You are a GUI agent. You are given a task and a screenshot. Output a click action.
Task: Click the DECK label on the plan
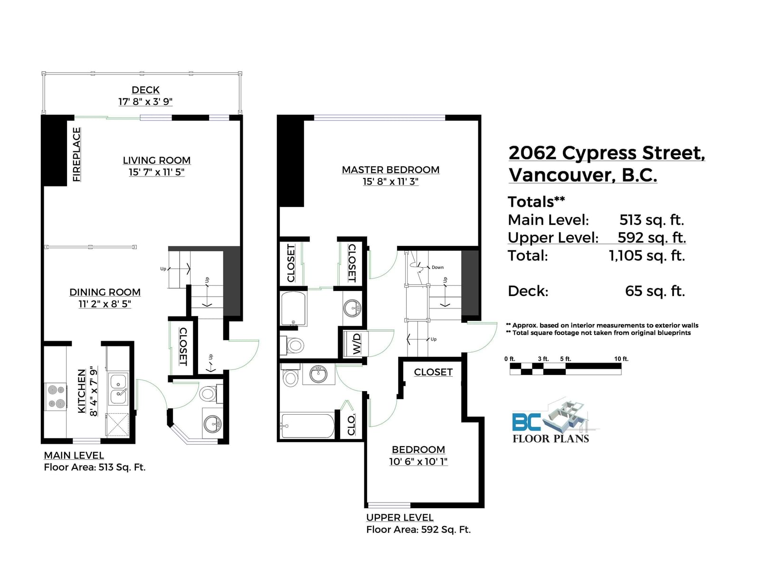pyautogui.click(x=145, y=90)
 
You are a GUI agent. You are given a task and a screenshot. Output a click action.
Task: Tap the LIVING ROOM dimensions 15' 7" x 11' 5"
pyautogui.click(x=156, y=172)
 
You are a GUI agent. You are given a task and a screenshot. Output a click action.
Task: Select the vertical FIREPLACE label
pyautogui.click(x=76, y=154)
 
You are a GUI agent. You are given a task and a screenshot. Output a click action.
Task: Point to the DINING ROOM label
pyautogui.click(x=105, y=292)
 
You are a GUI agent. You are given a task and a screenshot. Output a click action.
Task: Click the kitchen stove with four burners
pyautogui.click(x=56, y=397)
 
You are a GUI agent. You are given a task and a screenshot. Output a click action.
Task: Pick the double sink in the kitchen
pyautogui.click(x=118, y=389)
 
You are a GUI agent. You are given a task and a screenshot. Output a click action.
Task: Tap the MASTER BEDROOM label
pyautogui.click(x=390, y=170)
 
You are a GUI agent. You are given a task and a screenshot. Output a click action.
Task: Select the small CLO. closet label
pyautogui.click(x=351, y=425)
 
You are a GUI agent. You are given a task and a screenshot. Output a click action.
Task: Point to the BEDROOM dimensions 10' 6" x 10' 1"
pyautogui.click(x=418, y=462)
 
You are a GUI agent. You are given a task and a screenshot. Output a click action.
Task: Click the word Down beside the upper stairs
pyautogui.click(x=437, y=267)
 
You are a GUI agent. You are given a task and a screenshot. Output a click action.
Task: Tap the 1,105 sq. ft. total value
pyautogui.click(x=646, y=256)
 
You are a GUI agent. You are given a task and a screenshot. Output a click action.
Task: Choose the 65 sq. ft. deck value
pyautogui.click(x=655, y=291)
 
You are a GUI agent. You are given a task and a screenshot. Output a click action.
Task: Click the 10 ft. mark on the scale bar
pyautogui.click(x=621, y=359)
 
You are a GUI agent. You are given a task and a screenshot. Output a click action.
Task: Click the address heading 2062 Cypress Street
pyautogui.click(x=607, y=153)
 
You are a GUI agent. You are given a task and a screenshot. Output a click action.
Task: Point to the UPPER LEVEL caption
pyautogui.click(x=400, y=517)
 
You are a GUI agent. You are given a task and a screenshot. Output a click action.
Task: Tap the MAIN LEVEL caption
pyautogui.click(x=74, y=455)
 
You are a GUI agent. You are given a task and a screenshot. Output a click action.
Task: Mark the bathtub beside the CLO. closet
pyautogui.click(x=307, y=426)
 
